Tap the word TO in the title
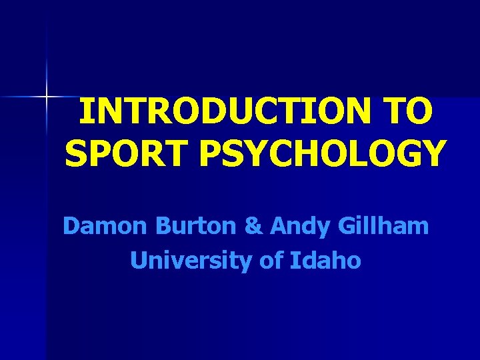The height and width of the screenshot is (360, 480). click(410, 113)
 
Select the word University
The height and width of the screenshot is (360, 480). click(189, 261)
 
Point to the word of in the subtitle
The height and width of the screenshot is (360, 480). click(271, 260)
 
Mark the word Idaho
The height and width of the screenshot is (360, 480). click(326, 260)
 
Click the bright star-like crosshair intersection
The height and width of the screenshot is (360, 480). click(47, 97)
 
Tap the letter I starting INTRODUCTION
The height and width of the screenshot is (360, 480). click(84, 113)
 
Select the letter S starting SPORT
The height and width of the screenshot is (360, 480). click(75, 153)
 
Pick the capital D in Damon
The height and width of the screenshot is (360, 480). click(71, 227)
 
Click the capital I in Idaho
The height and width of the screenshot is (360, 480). click(295, 260)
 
